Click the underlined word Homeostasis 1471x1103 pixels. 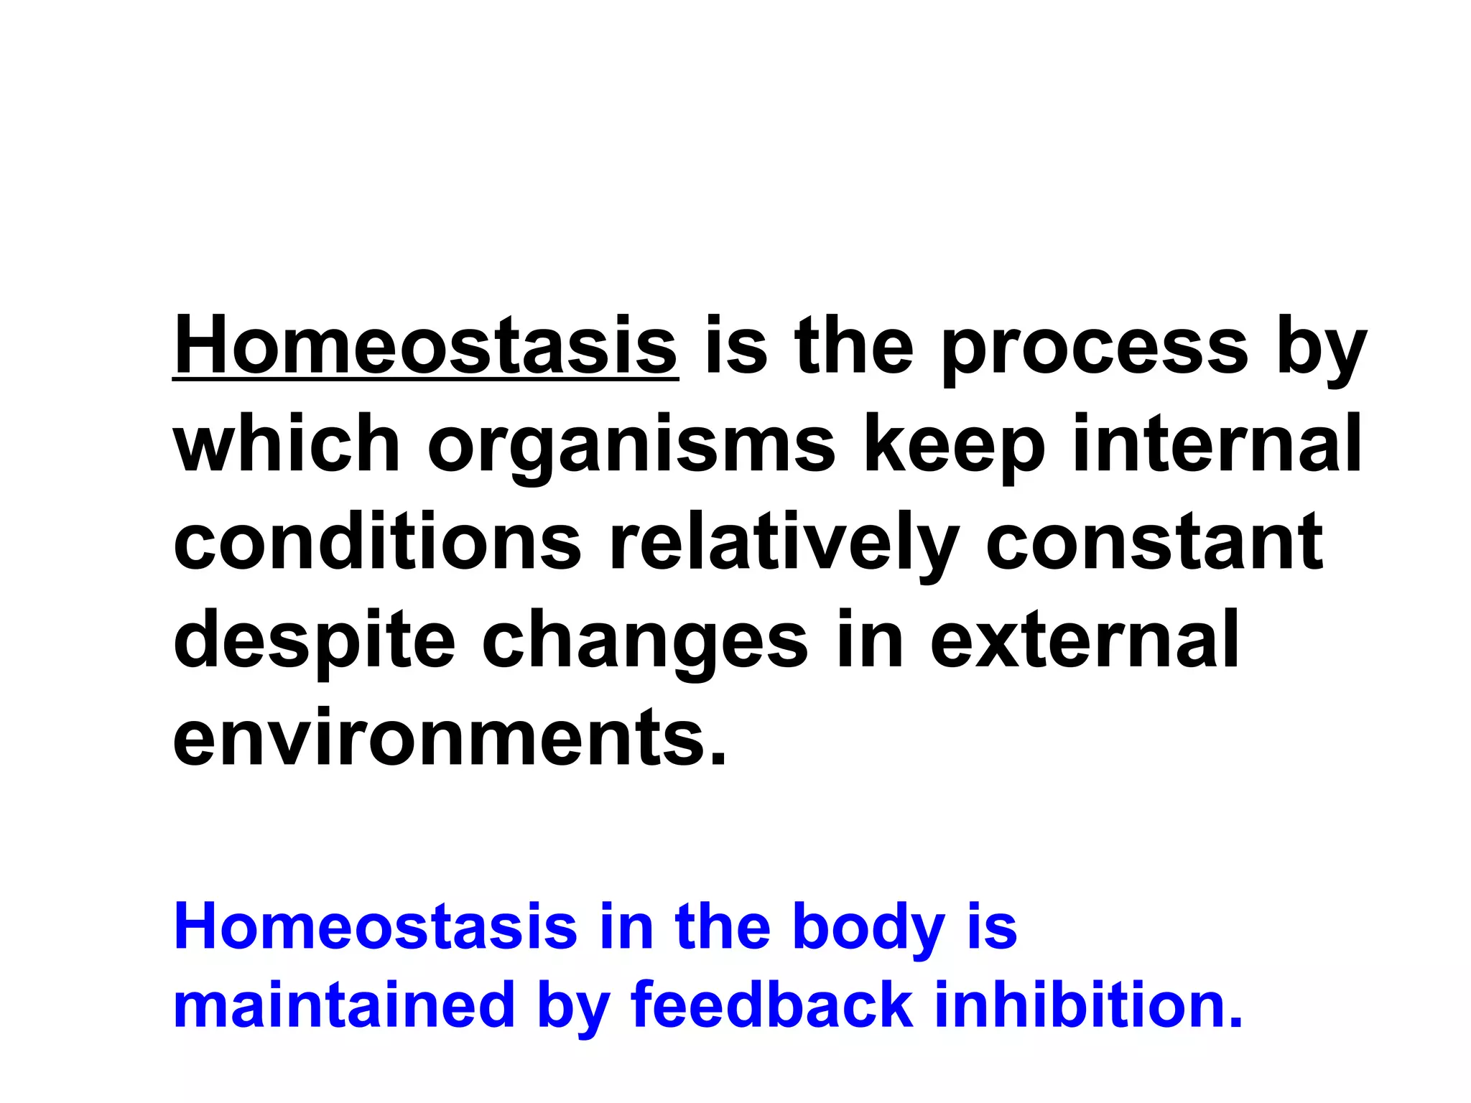[x=425, y=347]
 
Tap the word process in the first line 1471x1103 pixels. [x=1095, y=352]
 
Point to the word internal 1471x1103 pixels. [x=1217, y=444]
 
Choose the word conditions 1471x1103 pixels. [x=376, y=541]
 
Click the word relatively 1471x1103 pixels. [x=783, y=544]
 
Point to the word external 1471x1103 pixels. [x=1085, y=639]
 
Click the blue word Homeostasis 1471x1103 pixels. [x=375, y=927]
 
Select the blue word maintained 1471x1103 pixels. [x=344, y=1005]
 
